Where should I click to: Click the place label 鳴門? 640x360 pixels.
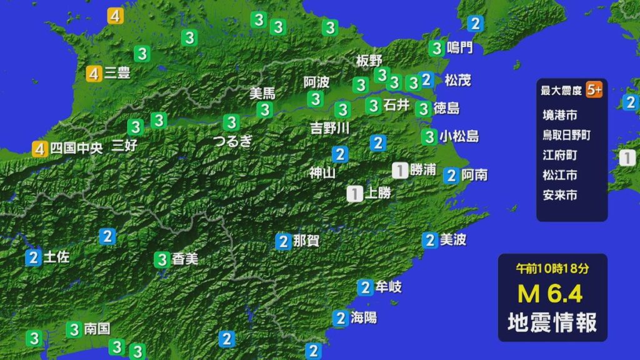460,47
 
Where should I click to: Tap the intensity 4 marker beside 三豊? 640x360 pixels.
94,74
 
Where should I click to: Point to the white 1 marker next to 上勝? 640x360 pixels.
354,194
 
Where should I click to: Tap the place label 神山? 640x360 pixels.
322,172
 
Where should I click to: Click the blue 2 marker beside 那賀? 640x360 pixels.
284,241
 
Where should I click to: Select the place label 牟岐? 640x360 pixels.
388,287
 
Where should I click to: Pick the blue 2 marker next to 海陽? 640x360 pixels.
340,318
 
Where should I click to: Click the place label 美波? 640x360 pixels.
453,239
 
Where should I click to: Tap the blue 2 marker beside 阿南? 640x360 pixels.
451,176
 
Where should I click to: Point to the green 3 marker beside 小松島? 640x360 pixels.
429,136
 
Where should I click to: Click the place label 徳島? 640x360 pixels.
446,108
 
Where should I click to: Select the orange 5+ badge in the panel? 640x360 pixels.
594,90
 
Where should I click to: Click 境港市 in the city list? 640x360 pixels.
560,114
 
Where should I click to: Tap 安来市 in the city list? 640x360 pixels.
560,195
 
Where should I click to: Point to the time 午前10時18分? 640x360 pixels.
552,269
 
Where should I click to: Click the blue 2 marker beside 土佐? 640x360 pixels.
34,257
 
